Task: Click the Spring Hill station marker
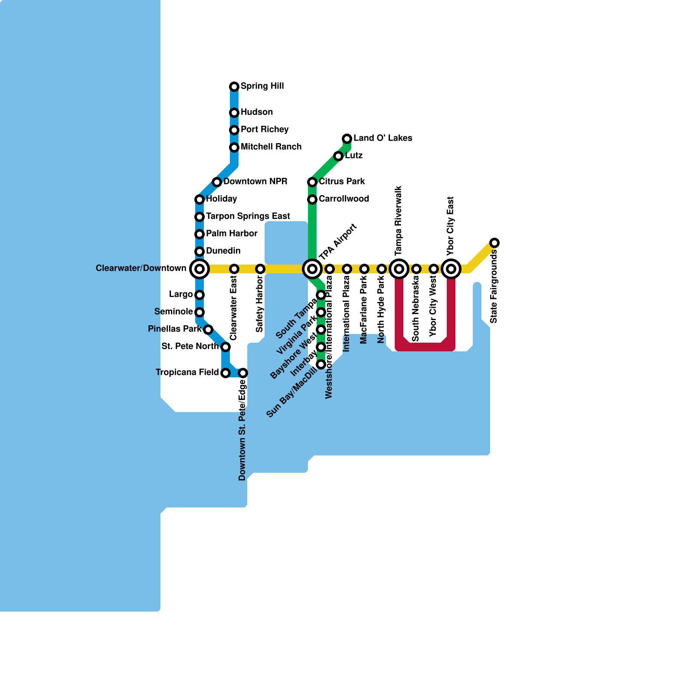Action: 234,87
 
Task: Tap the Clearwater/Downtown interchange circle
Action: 200,269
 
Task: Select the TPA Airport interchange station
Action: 312,269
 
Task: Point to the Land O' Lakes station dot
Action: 347,139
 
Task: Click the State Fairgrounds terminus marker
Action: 494,243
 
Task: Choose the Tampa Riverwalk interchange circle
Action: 399,269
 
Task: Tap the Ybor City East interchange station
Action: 451,269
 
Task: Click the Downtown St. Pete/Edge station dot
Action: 243,373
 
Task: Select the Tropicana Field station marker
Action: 226,373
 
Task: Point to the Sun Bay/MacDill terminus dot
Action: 321,364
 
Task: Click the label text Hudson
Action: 257,112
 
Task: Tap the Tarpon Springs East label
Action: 248,216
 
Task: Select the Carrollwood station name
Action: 344,199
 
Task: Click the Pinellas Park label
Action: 174,329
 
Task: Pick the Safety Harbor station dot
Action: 260,269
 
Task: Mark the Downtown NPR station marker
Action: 217,182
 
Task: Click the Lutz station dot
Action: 338,156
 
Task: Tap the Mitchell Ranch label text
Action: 271,147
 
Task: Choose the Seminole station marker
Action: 200,312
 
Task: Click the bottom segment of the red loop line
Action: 425,347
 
